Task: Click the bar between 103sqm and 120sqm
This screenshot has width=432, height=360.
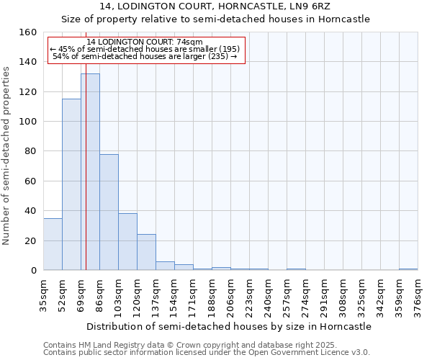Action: click(127, 241)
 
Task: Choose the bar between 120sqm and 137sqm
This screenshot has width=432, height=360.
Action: click(146, 252)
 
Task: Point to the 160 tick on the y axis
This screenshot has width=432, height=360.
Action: click(29, 32)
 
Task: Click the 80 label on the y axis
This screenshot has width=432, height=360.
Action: click(29, 151)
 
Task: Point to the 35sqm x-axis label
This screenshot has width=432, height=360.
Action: click(44, 295)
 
